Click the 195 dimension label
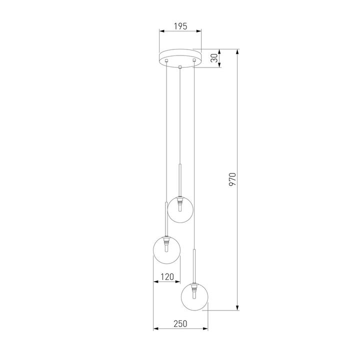[180, 26]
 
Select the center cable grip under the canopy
[180, 66]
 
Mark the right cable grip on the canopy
[193, 60]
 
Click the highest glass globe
[180, 209]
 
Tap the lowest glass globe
[194, 296]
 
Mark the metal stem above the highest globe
[180, 177]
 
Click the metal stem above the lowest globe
[194, 265]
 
